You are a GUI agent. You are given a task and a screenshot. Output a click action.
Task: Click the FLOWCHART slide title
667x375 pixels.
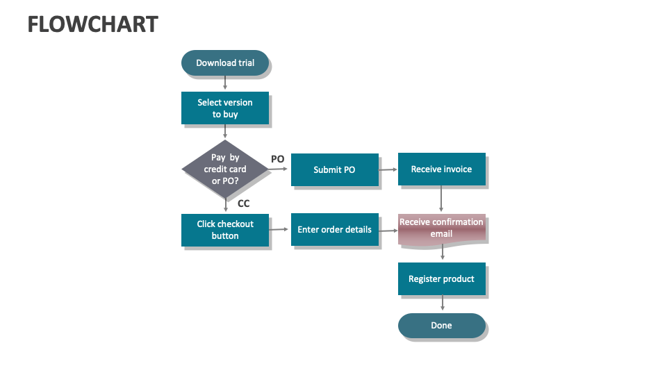[x=92, y=25]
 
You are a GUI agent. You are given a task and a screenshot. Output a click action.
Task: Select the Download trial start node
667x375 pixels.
[x=225, y=62]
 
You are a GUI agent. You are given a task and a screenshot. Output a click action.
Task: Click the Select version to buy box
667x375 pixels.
[x=225, y=108]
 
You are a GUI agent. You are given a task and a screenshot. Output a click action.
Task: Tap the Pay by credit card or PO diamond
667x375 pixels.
[x=225, y=169]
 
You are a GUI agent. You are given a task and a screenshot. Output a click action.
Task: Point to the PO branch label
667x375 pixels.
[x=277, y=159]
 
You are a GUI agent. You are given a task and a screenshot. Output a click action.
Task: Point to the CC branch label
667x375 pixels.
[x=243, y=203]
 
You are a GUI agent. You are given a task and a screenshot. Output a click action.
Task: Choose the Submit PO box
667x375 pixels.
[x=334, y=169]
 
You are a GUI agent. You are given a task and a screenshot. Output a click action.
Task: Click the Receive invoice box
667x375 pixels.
[x=441, y=169]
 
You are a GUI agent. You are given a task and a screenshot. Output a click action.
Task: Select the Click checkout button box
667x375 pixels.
[x=225, y=230]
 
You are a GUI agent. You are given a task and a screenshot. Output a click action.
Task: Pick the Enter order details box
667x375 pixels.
[x=334, y=230]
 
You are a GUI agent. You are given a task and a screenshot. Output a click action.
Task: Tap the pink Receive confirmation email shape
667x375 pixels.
[x=441, y=228]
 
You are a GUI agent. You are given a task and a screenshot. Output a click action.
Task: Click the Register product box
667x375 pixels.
[x=441, y=278]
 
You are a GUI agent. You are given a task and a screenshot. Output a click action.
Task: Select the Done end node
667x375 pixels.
[x=441, y=325]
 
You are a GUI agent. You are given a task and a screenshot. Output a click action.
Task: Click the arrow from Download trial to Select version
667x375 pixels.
[x=225, y=83]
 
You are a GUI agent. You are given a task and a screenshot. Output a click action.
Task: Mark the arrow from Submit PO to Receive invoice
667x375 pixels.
[x=388, y=169]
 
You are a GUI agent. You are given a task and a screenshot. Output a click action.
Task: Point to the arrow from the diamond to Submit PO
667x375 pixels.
[x=279, y=169]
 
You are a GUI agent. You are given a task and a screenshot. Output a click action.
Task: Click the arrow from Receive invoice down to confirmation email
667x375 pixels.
[x=441, y=200]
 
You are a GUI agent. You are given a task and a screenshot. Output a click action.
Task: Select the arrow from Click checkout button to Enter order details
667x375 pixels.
[x=279, y=230]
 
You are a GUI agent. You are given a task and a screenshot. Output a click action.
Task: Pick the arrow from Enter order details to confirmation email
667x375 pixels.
[x=388, y=230]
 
